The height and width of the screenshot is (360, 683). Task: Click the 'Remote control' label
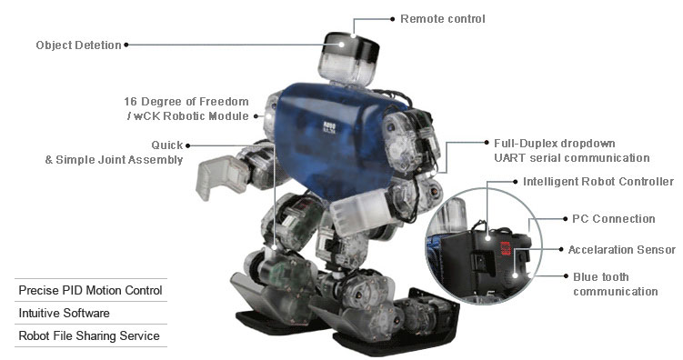442,18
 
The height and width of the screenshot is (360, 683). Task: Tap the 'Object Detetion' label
78,45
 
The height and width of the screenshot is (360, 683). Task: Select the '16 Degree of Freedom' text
186,102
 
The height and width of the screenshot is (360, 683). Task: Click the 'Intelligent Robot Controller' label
598,182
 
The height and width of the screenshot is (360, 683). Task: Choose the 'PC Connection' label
613,219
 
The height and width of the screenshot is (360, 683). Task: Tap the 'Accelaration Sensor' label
621,250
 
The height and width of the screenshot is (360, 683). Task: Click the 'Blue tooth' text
600,276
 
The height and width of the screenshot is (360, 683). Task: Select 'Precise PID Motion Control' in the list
90,290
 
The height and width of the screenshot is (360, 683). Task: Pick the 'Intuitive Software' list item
65,313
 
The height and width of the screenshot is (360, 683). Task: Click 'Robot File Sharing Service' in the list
89,335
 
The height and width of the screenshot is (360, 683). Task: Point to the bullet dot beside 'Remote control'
392,18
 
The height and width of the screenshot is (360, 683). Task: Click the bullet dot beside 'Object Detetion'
126,45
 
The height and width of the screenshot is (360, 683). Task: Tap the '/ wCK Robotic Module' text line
186,117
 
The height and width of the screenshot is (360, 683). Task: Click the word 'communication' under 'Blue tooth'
615,292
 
